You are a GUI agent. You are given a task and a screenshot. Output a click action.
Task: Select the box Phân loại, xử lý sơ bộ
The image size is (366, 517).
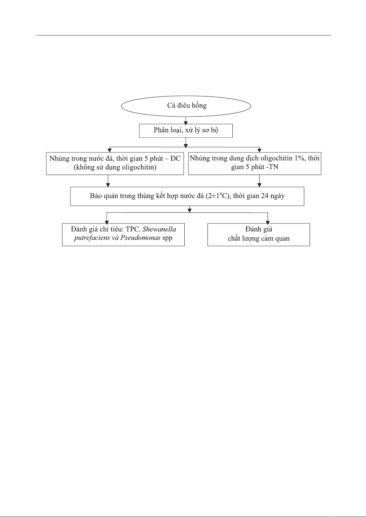pyautogui.click(x=186, y=131)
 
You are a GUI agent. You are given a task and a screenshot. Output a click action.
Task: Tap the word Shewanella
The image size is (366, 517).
pyautogui.click(x=159, y=229)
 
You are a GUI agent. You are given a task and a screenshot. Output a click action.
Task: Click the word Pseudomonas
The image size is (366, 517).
pyautogui.click(x=140, y=238)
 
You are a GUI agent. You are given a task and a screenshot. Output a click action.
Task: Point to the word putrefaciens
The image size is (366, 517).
pyautogui.click(x=92, y=238)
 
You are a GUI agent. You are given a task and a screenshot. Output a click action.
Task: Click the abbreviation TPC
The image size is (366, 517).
pyautogui.click(x=132, y=229)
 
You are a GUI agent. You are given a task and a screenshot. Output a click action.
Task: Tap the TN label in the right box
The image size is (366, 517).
pyautogui.click(x=273, y=167)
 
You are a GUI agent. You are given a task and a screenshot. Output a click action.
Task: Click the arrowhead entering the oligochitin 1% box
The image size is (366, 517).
pyautogui.click(x=259, y=150)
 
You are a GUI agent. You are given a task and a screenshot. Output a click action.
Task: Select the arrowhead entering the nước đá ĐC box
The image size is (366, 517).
pyautogui.click(x=110, y=150)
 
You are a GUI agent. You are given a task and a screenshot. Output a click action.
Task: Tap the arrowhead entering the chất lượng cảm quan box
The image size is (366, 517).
pyautogui.click(x=268, y=223)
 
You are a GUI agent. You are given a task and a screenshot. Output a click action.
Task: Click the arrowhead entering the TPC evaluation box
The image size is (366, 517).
pyautogui.click(x=107, y=223)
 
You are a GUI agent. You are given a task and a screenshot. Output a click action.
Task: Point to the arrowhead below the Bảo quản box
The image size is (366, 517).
pyautogui.click(x=189, y=210)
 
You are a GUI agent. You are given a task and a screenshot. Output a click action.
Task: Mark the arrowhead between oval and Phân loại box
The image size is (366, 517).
pyautogui.click(x=186, y=123)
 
